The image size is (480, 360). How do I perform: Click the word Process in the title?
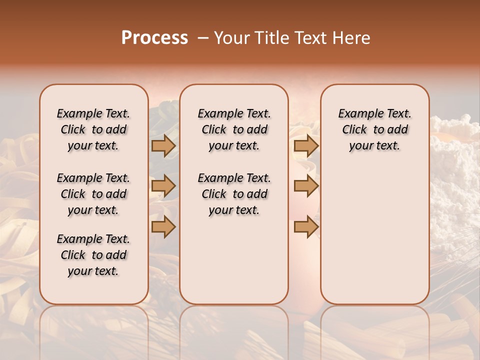[x=154, y=38]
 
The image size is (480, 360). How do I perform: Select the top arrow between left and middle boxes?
[x=163, y=145]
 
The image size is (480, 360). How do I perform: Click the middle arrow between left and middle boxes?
[x=163, y=186]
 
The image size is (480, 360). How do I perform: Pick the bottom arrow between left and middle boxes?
[x=163, y=226]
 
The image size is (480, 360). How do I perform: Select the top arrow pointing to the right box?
[x=306, y=145]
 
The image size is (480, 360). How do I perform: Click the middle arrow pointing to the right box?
[x=306, y=186]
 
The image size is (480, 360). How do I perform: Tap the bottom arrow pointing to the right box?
[x=306, y=226]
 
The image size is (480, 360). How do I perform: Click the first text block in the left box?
[x=93, y=129]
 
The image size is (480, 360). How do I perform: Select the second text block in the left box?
[x=93, y=194]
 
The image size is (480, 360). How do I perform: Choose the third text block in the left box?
[x=93, y=255]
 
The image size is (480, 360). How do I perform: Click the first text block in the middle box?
[x=234, y=129]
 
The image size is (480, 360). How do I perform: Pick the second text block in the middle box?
[x=234, y=194]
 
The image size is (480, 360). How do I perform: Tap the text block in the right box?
[x=374, y=129]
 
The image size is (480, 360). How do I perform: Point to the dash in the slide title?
[x=202, y=38]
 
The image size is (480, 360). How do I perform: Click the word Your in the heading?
[x=232, y=38]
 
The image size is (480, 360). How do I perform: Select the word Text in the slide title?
[x=310, y=38]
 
